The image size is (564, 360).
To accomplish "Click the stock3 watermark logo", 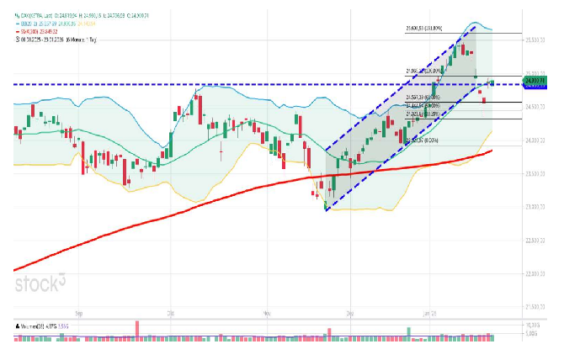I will (x=40, y=283).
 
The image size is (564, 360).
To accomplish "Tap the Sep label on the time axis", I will (x=78, y=312).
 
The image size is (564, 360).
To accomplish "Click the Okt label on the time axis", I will (x=169, y=312).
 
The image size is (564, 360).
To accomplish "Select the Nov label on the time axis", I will (x=265, y=312).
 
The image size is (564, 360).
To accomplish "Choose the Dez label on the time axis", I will (x=350, y=312).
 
